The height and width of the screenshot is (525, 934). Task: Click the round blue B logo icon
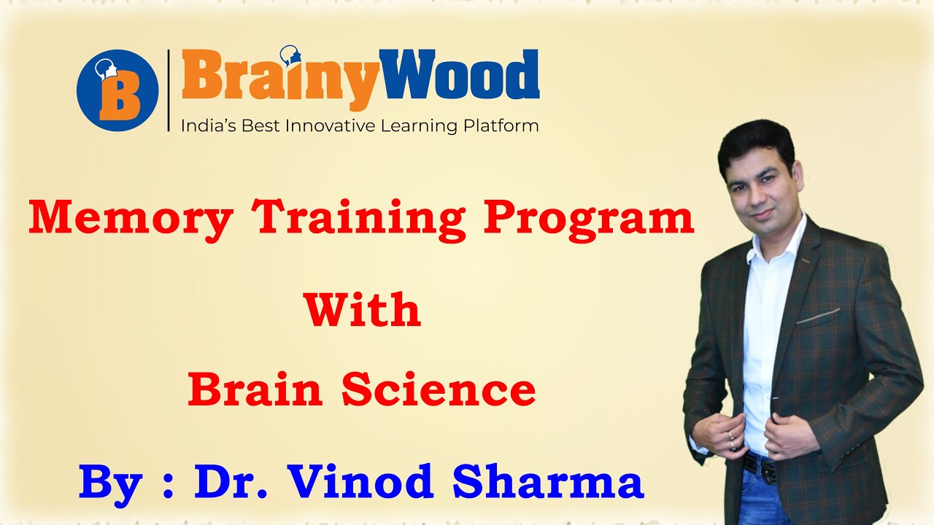[x=117, y=90]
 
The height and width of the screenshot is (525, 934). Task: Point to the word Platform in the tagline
[x=501, y=126]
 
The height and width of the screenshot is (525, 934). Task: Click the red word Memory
[x=131, y=217]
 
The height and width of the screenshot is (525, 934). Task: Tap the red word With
[x=363, y=310]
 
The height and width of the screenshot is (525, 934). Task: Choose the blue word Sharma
[x=548, y=481]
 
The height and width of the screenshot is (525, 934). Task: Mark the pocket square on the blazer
[x=817, y=316]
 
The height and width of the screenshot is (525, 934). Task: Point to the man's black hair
[x=754, y=139]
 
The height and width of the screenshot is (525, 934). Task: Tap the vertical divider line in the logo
[x=169, y=90]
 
